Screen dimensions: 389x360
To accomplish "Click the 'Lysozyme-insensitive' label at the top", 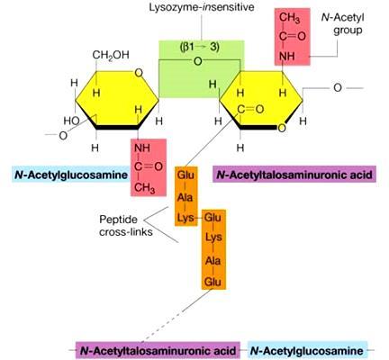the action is pos(202,7).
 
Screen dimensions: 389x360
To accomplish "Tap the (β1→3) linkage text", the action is pos(199,47).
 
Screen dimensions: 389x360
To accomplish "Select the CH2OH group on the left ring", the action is pos(111,55).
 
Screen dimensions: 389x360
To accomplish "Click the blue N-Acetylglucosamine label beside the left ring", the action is pos(71,175).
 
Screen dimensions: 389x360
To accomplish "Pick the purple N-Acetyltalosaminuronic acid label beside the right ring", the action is pos(294,175).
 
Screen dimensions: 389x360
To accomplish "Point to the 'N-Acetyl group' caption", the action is pos(343,23).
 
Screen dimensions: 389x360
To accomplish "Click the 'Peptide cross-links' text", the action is pos(126,226).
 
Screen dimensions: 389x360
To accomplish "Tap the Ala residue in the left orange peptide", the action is pos(185,198).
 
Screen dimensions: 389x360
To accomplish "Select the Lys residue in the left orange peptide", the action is pos(185,218).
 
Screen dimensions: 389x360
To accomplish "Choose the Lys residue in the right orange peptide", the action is pos(213,238).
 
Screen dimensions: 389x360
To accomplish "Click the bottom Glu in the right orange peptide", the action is pos(213,282).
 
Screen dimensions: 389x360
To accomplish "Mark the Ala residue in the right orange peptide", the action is pos(213,260).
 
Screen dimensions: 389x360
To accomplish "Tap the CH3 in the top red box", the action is pos(289,18).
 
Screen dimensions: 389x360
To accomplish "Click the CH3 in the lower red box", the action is pos(145,188).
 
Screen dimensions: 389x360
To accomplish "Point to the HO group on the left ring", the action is pos(71,121).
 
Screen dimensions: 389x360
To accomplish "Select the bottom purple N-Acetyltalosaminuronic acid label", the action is pos(158,351).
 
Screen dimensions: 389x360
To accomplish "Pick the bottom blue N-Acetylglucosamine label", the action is pos(307,351).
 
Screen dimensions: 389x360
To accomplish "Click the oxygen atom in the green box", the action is pos(198,61).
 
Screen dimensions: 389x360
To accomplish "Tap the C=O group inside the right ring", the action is pos(250,109).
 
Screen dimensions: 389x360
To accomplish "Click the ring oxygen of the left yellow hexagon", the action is pos(139,73).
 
